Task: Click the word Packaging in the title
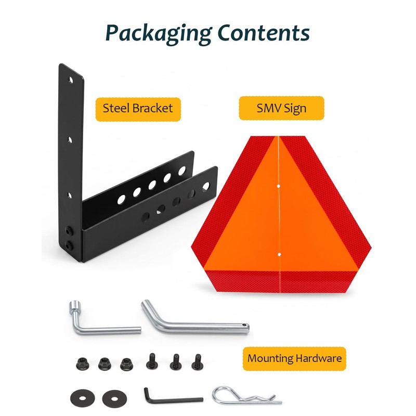click(159, 34)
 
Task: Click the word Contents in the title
click(264, 33)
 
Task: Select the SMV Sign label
click(281, 108)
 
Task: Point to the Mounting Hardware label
click(294, 358)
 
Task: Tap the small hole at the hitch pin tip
click(244, 324)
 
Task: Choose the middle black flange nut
click(105, 364)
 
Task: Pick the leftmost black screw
click(151, 361)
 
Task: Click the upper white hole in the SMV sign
click(279, 186)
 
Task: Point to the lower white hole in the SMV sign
click(279, 255)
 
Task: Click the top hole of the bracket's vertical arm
click(71, 80)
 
